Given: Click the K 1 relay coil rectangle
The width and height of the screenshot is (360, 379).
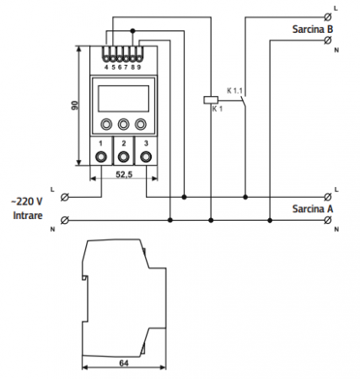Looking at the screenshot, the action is (x=211, y=99).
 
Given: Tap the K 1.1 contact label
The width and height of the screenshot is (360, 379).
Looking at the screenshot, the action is (x=234, y=91).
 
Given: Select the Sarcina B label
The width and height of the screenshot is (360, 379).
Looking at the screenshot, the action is (x=313, y=29).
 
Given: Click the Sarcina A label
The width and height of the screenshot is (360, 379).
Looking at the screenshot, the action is (x=313, y=209).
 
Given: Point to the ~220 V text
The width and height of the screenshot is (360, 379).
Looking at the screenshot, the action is (x=27, y=201).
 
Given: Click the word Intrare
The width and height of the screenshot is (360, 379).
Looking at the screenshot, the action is (x=28, y=216).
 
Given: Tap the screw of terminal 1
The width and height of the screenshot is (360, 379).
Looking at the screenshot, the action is (x=101, y=157).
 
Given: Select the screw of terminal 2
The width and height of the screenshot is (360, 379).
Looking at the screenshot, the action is (x=123, y=157).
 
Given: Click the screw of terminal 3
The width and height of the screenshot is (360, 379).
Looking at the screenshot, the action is (x=146, y=157).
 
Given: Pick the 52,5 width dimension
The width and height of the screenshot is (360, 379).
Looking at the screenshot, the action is (x=124, y=174).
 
